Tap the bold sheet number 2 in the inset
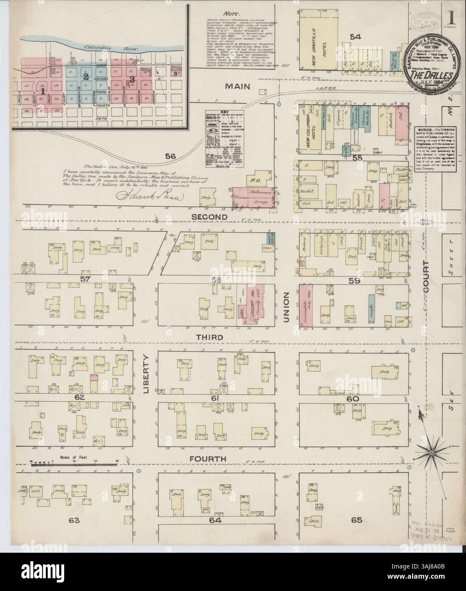coord(86,77)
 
